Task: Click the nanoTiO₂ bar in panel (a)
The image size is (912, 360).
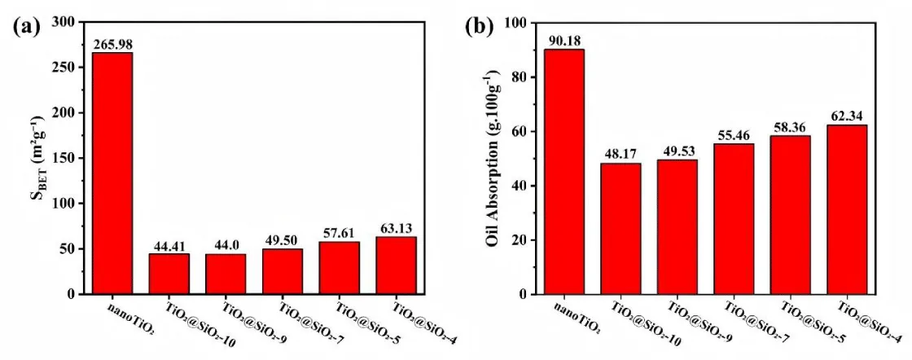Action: coord(112,173)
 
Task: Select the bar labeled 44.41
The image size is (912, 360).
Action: coord(169,274)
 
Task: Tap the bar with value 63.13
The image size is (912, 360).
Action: coord(397,265)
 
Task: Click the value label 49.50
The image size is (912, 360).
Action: coord(283,242)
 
